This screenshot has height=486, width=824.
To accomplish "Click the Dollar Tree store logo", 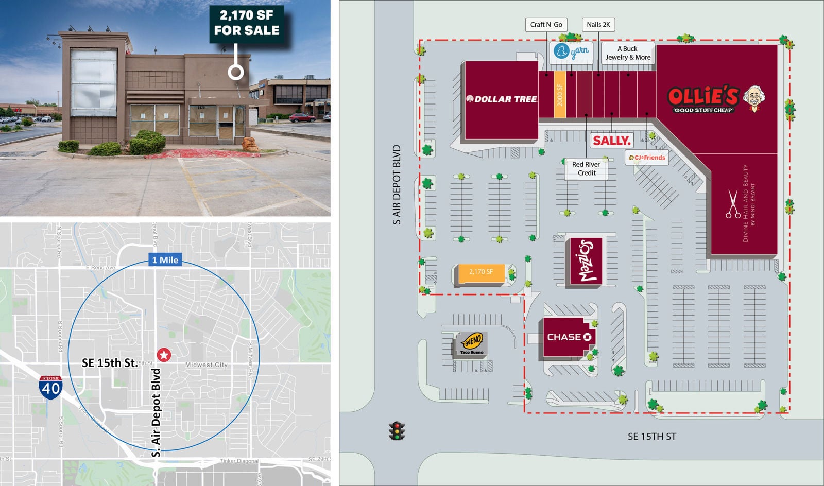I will [x=502, y=99].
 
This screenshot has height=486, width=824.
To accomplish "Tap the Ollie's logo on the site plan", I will [x=716, y=99].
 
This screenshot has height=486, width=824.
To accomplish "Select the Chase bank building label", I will [x=569, y=337].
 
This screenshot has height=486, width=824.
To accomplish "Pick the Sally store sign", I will [x=611, y=140].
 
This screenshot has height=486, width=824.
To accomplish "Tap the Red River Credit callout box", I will [x=586, y=168].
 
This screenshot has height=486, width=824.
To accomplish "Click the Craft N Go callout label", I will [x=546, y=24].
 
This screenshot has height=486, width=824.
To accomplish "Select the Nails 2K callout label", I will [x=598, y=24].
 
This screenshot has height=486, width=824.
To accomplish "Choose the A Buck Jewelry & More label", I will [x=628, y=53].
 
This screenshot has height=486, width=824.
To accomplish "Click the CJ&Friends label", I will [x=647, y=158].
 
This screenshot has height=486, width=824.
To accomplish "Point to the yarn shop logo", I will [x=571, y=51].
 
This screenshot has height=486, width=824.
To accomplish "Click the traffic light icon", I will [x=397, y=431].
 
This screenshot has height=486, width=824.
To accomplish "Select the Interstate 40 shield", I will [x=50, y=387].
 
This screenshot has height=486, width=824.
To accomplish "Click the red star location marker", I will [x=164, y=354].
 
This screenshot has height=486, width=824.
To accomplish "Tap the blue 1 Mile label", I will [x=165, y=260].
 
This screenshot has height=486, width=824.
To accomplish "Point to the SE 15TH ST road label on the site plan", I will [x=651, y=437].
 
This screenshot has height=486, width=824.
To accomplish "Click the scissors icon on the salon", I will [x=732, y=204].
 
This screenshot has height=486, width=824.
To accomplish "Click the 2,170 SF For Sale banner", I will [x=247, y=23].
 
